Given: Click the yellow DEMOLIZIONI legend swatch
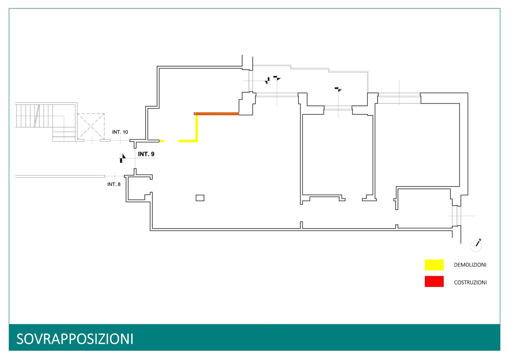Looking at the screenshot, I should [434, 265].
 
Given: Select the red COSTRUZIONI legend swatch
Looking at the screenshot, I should [434, 281].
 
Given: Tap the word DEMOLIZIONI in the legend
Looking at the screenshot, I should [470, 265].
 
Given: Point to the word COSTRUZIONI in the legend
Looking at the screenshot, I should [470, 282].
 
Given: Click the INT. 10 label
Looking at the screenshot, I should [120, 131].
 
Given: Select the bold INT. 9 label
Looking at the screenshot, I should [146, 154].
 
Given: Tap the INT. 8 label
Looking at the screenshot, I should [114, 184].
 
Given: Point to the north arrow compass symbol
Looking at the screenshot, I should [477, 245].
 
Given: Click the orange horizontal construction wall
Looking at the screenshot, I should [216, 114].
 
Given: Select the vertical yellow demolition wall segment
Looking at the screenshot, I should [197, 127].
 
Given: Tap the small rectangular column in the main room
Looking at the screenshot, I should [200, 198].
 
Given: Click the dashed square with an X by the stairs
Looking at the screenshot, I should [91, 126].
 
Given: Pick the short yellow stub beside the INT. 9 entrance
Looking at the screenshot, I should [162, 141].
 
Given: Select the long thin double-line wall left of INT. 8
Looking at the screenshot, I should [60, 176].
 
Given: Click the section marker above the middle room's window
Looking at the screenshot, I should [338, 89].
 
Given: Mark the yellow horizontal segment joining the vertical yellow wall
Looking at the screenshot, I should [187, 141].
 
